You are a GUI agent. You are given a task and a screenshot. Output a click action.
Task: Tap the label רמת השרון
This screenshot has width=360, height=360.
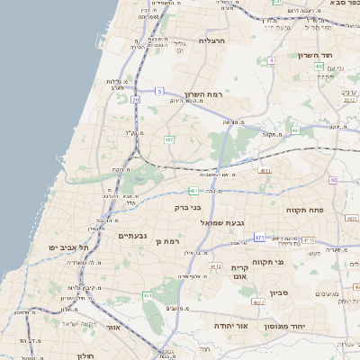coord(202,94)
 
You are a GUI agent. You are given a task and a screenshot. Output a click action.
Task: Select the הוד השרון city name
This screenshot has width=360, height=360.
coord(316,55)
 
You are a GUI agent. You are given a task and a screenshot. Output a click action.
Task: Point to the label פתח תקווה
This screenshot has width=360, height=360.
coord(304,210)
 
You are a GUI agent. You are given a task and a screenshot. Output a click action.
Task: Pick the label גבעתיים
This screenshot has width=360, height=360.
coord(132,236)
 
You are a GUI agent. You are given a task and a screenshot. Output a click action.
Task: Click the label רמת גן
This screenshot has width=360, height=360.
coord(167,241)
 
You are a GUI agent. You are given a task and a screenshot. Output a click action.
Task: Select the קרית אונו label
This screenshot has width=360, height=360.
coord(239,273)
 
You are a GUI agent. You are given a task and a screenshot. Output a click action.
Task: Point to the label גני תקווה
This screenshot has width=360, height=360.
coord(293,262)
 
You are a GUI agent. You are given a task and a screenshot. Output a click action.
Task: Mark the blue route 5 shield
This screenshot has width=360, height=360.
coord(159,91)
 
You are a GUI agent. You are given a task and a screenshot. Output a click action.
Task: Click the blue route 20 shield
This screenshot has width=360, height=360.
coord(136,100)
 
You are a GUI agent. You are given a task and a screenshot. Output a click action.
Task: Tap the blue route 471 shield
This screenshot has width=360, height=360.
coord(259,237)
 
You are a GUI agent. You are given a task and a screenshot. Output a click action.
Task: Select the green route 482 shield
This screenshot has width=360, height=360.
coord(169,139)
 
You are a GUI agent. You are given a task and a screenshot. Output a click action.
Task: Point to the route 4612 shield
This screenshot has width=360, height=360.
coord(216,266)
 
